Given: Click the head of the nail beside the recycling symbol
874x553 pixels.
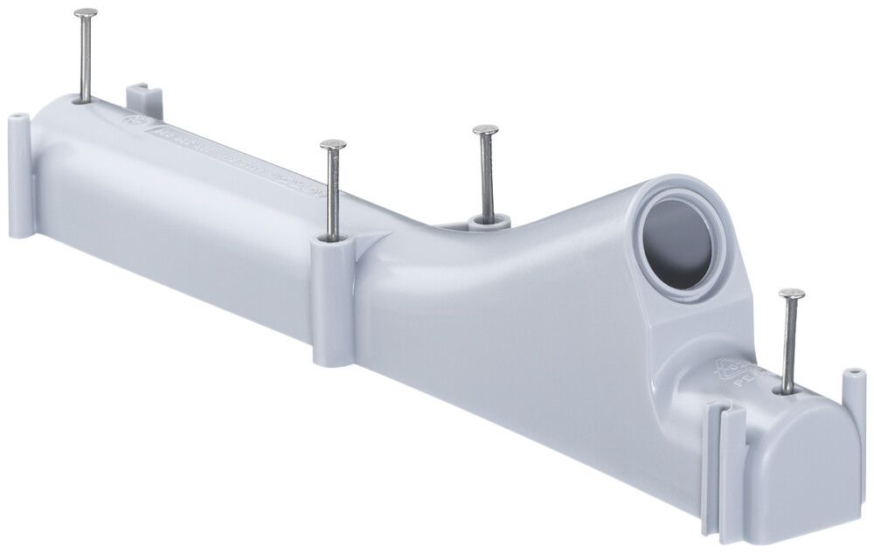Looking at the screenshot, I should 792,294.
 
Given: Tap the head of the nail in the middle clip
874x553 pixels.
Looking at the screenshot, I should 333,144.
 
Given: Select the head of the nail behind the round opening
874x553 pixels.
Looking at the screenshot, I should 486,130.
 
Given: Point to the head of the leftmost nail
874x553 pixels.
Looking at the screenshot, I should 86,13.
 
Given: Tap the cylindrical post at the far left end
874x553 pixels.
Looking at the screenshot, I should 20,175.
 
